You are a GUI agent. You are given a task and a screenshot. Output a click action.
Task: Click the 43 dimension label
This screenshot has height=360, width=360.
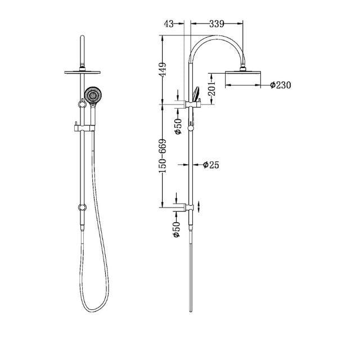(x=168, y=24)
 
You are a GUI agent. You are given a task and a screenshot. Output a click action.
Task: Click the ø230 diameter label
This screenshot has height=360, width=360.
(x=280, y=85)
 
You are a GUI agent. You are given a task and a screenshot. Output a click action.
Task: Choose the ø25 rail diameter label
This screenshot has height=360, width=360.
(x=210, y=165)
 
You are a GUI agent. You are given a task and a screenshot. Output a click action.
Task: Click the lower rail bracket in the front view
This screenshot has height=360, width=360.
(x=83, y=208)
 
